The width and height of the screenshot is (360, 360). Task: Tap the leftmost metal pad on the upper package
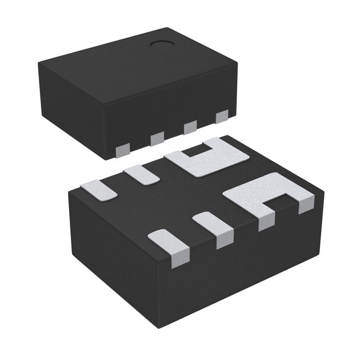click(x=121, y=148)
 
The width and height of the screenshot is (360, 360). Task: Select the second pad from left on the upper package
click(x=156, y=138)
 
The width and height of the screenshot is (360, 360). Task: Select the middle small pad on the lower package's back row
click(x=141, y=174)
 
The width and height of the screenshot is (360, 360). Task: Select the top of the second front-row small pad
click(x=211, y=222)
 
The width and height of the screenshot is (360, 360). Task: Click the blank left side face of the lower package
click(x=112, y=242)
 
